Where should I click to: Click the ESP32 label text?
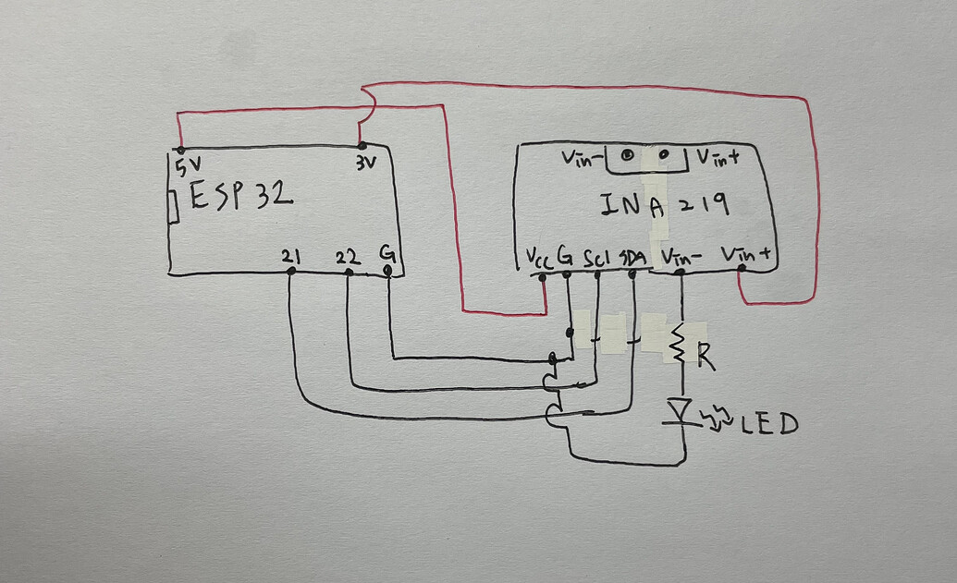(242, 197)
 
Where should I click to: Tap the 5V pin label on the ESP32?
(187, 167)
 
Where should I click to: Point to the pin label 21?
(290, 257)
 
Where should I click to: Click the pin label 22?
(348, 257)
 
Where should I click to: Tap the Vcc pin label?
(537, 259)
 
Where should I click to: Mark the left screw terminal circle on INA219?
(628, 156)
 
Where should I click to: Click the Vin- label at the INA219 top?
(583, 158)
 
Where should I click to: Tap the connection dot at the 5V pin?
(180, 150)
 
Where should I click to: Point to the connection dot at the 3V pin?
(362, 145)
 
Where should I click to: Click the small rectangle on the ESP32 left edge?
(173, 207)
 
